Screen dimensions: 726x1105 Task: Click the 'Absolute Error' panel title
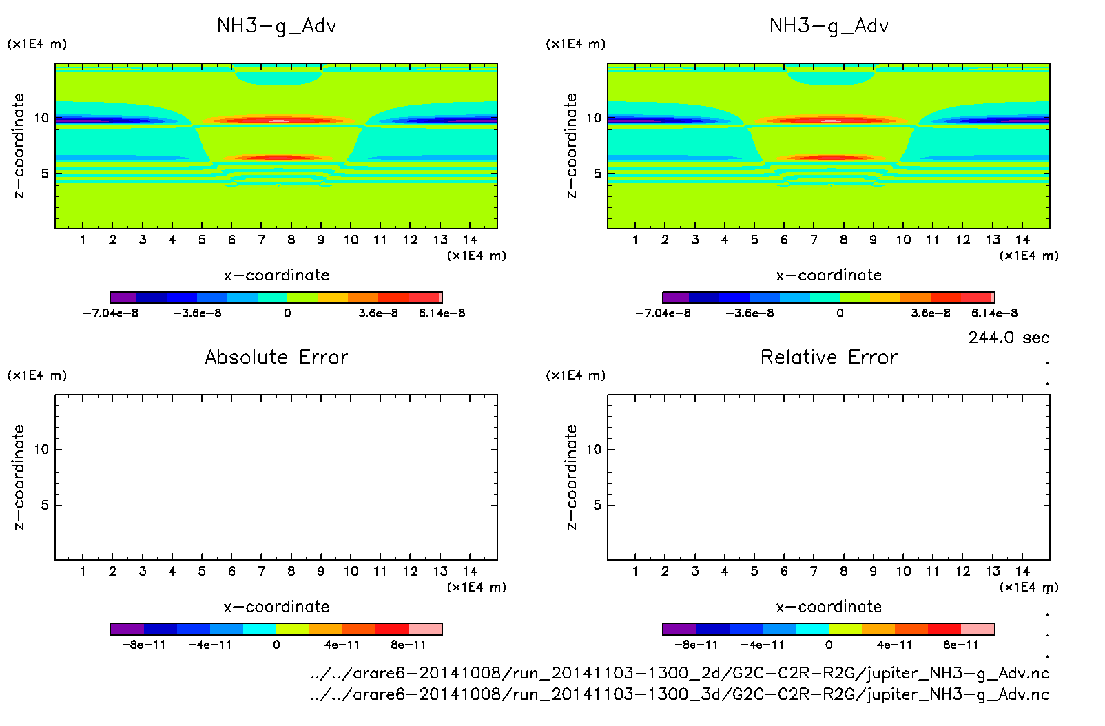point(276,357)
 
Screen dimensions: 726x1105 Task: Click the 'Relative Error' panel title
point(829,357)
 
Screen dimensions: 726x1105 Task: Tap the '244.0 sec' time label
point(1009,338)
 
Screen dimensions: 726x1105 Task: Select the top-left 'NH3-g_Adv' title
point(276,26)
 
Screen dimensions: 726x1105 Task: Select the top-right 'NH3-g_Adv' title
point(829,26)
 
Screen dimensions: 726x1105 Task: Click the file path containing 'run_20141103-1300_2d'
point(680,673)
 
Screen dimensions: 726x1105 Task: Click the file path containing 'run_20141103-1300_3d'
point(680,694)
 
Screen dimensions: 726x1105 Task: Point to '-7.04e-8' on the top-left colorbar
point(111,313)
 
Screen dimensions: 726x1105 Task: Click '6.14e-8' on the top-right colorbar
point(994,313)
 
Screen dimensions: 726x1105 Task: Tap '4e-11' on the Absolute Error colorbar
point(342,645)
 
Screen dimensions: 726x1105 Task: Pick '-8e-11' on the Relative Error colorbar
point(696,645)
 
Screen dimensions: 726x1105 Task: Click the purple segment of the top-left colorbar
point(123,298)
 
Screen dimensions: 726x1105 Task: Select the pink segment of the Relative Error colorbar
point(978,629)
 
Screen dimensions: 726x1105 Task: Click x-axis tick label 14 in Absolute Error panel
point(470,571)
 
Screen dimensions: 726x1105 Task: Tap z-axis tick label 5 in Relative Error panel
point(597,505)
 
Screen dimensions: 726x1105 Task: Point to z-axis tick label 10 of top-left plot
point(41,118)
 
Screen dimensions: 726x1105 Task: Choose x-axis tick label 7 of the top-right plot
point(814,240)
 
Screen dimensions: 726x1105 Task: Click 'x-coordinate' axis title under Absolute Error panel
point(276,607)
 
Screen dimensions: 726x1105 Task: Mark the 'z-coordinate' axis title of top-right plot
point(571,145)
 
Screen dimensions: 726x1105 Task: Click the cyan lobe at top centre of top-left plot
point(278,76)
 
